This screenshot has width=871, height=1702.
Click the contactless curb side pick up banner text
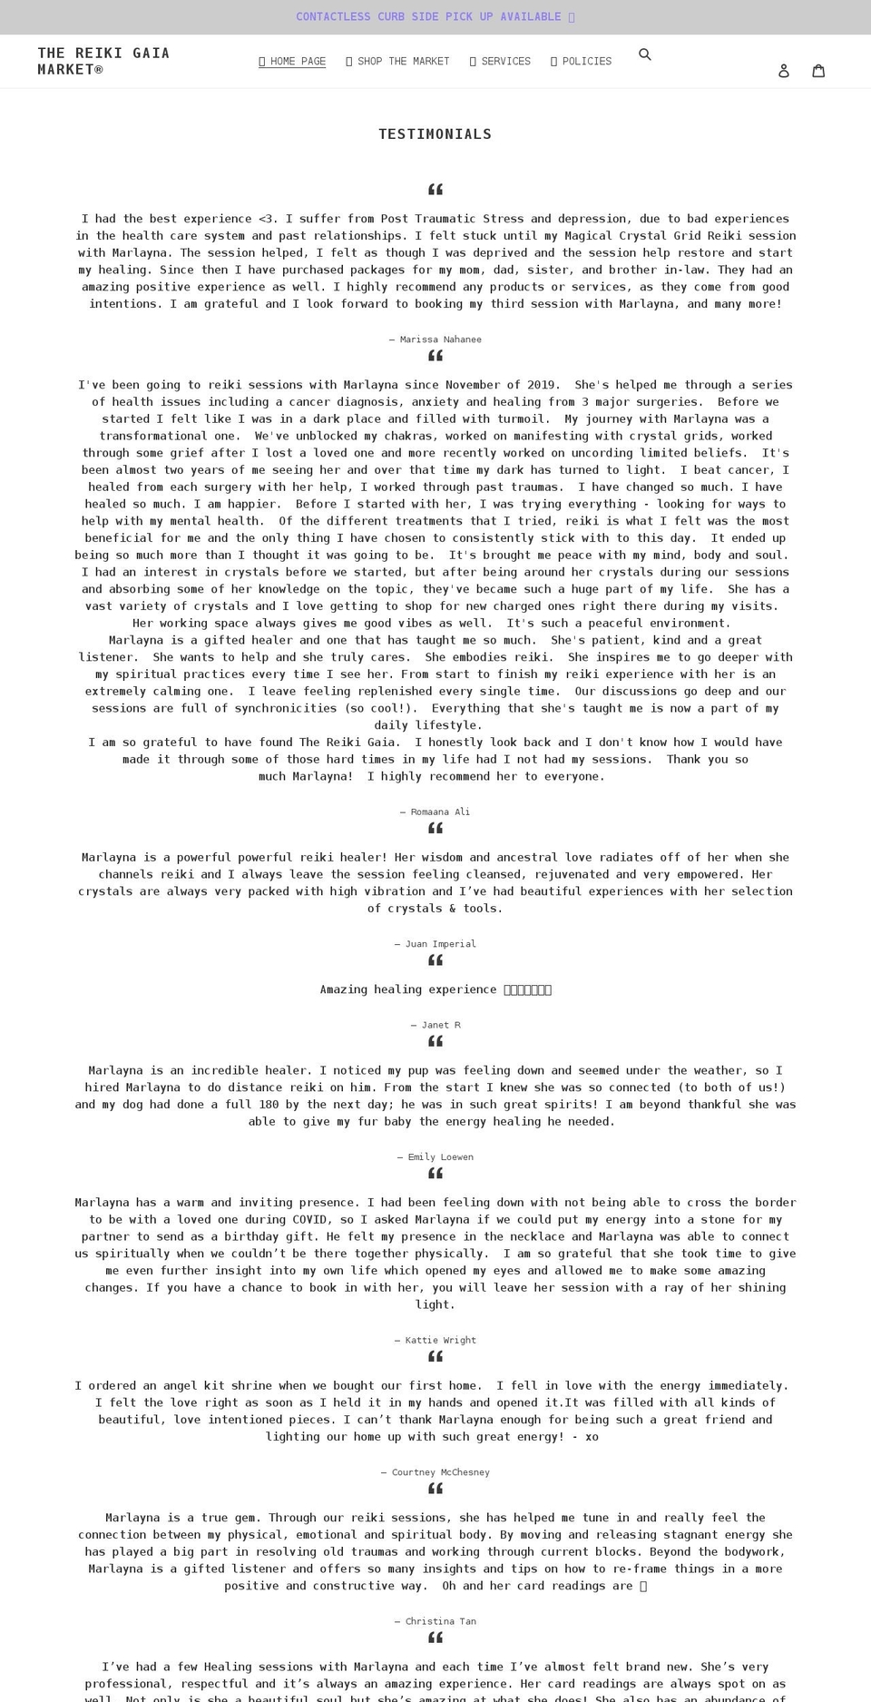(435, 17)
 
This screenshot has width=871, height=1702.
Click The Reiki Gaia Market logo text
(103, 61)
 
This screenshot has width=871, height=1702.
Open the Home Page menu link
(292, 62)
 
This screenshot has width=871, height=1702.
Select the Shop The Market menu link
(397, 62)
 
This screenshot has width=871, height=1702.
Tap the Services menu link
(500, 62)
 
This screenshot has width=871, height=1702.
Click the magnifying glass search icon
(645, 54)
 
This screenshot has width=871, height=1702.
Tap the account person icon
(784, 71)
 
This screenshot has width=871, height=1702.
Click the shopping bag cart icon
(818, 71)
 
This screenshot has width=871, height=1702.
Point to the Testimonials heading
(435, 134)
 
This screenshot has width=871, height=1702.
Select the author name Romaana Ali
(440, 812)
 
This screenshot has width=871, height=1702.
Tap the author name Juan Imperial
(440, 944)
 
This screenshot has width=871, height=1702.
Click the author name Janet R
(440, 1025)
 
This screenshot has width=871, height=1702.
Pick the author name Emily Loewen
(440, 1157)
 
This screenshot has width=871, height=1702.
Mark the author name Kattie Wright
(440, 1340)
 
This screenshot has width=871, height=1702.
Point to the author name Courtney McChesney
(440, 1472)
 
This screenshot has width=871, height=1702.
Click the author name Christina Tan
(440, 1621)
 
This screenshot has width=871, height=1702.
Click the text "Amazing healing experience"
(408, 989)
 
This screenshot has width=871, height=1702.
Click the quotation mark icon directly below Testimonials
(435, 190)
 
